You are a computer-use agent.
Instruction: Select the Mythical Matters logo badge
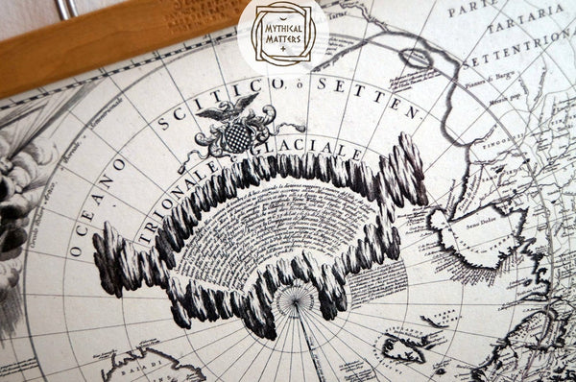[282, 35]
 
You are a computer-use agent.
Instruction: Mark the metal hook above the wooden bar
[68, 9]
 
